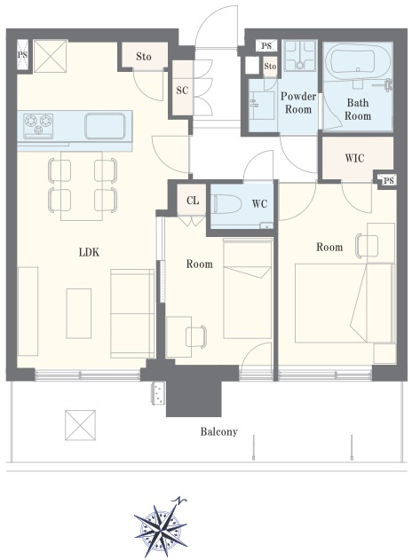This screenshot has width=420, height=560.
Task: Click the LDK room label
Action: click(x=89, y=253)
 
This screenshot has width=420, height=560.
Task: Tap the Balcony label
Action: click(x=218, y=432)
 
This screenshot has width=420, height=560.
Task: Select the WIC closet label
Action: click(x=354, y=158)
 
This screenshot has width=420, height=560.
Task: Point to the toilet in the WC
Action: click(x=226, y=204)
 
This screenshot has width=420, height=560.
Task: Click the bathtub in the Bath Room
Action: click(x=353, y=61)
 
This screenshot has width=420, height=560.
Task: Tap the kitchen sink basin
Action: click(x=105, y=126)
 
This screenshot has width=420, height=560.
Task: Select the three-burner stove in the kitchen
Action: click(x=38, y=126)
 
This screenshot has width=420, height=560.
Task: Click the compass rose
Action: click(x=160, y=527)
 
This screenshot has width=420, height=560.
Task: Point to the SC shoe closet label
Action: click(x=182, y=90)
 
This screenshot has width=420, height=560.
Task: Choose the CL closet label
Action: click(x=193, y=201)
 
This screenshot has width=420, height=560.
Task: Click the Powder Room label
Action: click(x=298, y=103)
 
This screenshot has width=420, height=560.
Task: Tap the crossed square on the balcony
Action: click(x=81, y=425)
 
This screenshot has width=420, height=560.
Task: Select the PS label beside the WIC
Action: click(x=389, y=180)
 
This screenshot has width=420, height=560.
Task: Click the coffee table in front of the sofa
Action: click(x=79, y=313)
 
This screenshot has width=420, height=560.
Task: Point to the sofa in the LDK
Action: click(x=132, y=313)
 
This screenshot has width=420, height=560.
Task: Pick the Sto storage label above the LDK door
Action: click(x=144, y=57)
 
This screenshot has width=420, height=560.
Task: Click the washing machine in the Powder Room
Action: click(x=299, y=56)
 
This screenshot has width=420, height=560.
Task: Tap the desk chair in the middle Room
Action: click(x=196, y=336)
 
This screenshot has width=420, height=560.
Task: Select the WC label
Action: click(x=259, y=204)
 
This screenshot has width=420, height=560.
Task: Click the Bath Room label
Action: click(x=358, y=109)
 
